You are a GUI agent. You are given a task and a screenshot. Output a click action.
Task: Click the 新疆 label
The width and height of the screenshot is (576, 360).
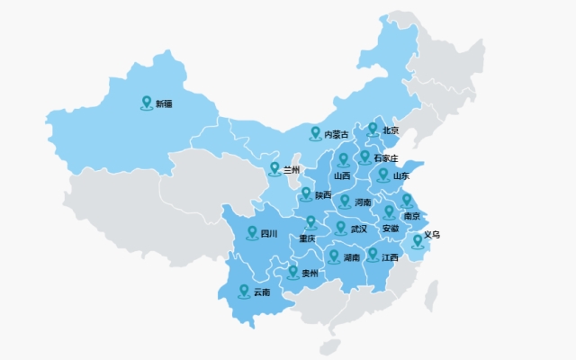pos(164,104)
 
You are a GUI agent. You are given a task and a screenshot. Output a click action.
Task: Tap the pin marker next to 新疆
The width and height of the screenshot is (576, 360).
pos(147,103)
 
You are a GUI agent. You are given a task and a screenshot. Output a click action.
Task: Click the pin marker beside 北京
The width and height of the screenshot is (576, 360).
pos(373,130)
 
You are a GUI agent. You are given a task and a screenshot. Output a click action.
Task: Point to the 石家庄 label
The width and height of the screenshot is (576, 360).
pos(385,158)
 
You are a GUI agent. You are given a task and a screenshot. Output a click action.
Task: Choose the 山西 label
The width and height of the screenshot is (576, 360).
pos(342,176)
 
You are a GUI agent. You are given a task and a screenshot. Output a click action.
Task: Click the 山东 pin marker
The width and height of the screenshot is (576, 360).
pos(383,174)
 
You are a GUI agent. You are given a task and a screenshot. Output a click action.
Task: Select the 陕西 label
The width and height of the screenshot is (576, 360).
pos(323,195)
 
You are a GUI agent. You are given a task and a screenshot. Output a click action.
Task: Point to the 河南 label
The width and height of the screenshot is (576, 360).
pos(363,202)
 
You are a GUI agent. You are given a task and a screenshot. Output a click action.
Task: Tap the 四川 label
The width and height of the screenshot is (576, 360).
pos(269,234)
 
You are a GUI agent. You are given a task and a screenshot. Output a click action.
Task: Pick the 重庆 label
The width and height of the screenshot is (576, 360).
pos(308,238)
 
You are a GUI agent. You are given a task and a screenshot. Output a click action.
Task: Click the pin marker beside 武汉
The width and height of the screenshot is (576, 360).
pos(341,227)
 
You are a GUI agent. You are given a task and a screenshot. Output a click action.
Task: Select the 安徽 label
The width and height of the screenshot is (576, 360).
pos(390,229)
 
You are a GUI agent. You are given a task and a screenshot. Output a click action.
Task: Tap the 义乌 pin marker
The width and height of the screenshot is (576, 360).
pos(417,240)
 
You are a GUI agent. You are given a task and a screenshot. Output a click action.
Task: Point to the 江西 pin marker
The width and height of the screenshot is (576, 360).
pos(373,255)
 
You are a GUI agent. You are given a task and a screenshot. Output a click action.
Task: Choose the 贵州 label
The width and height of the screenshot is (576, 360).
pos(310,273)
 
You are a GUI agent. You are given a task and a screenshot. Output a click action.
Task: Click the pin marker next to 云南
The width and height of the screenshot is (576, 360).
pos(244,291)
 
